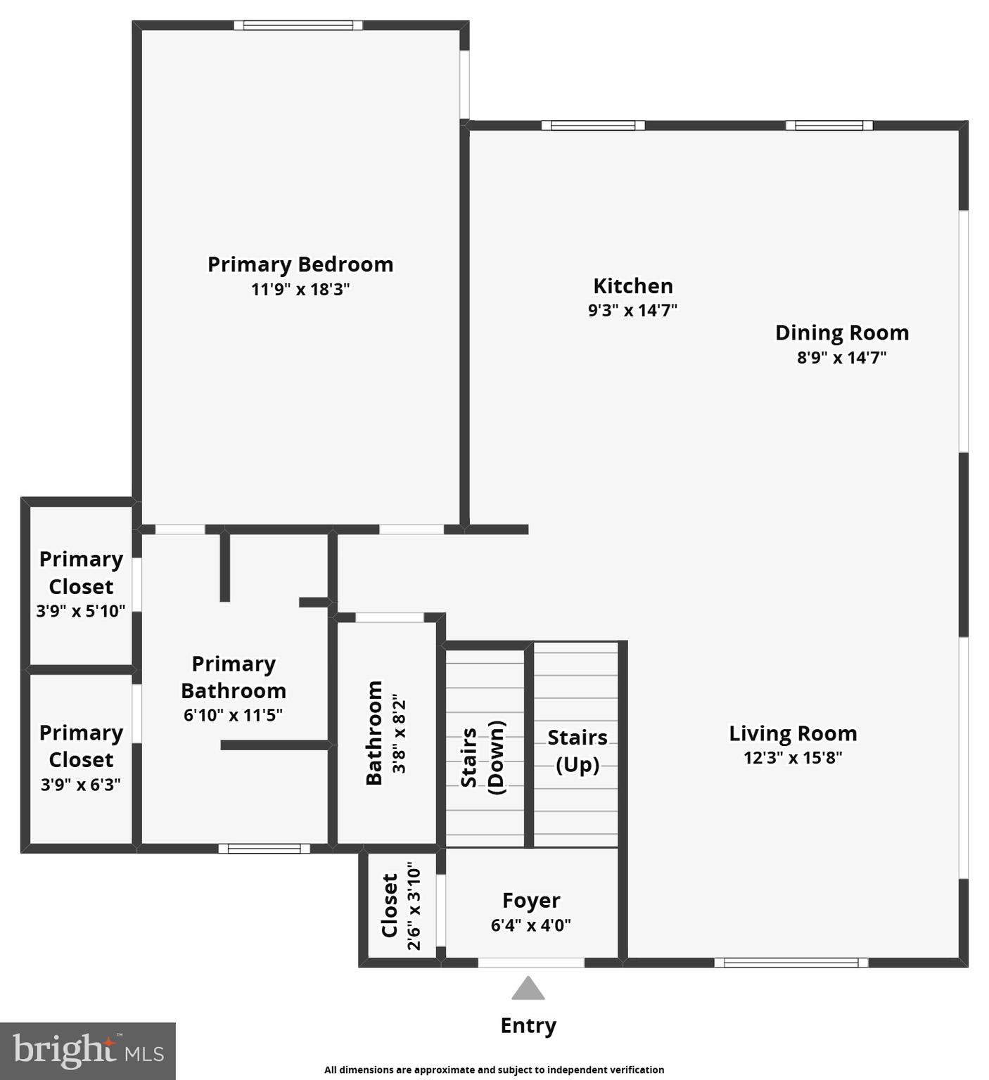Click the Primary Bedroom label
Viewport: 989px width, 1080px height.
click(300, 264)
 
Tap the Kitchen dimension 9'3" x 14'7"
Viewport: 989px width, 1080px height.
click(632, 310)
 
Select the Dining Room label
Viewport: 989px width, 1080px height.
click(841, 333)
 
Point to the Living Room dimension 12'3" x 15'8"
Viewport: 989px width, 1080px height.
click(793, 758)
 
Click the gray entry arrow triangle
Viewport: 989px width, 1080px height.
click(528, 989)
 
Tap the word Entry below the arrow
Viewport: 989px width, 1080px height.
click(528, 1026)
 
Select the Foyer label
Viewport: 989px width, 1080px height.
click(531, 901)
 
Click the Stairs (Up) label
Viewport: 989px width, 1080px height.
click(577, 750)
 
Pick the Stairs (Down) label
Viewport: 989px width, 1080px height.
click(483, 757)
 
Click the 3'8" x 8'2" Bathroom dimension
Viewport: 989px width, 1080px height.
click(400, 733)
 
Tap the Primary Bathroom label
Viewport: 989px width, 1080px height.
click(233, 677)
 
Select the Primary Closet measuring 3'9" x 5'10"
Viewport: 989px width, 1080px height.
click(81, 584)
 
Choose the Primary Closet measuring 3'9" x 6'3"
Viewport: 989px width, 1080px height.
click(81, 758)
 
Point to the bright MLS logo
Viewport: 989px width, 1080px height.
click(88, 1051)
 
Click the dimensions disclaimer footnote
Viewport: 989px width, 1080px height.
click(494, 1069)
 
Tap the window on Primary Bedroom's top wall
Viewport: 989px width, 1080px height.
click(298, 25)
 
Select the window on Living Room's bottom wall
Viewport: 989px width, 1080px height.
click(791, 963)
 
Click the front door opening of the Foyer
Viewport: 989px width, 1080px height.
click(531, 963)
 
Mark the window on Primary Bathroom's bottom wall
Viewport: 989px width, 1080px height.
click(264, 849)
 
